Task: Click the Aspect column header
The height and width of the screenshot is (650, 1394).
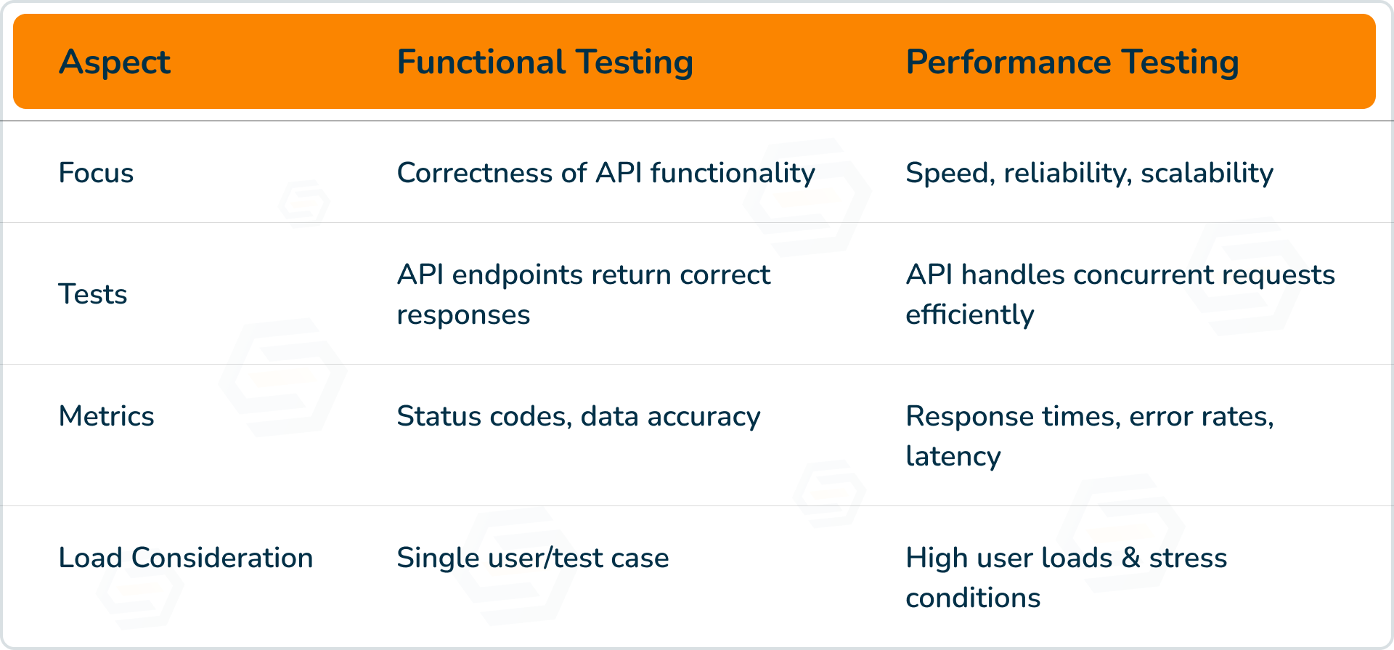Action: coord(114,62)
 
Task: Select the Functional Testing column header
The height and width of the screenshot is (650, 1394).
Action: coord(545,62)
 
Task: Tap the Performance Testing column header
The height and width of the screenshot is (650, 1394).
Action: coord(1072,62)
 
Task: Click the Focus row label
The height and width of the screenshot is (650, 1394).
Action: coord(96,174)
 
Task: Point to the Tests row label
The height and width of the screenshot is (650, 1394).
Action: coord(92,295)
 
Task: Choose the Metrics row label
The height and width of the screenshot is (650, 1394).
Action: coord(106,417)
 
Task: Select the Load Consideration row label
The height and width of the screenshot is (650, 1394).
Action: coord(185,558)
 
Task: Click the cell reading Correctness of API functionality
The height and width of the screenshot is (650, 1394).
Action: coord(606,174)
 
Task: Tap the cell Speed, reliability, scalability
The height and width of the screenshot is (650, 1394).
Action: coord(1089,174)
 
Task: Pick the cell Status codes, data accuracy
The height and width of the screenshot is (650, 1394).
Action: coord(578,417)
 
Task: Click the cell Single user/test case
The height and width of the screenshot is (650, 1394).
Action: coord(532,558)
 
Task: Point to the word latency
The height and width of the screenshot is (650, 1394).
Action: coord(953,457)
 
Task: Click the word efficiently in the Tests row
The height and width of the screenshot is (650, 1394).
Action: coord(969,315)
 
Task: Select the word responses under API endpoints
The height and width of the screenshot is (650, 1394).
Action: coord(463,315)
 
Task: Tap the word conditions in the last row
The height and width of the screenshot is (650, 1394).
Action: coord(973,598)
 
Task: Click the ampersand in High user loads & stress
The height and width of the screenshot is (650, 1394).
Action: coord(1130,558)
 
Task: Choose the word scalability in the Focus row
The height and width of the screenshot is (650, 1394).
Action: coord(1207,174)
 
